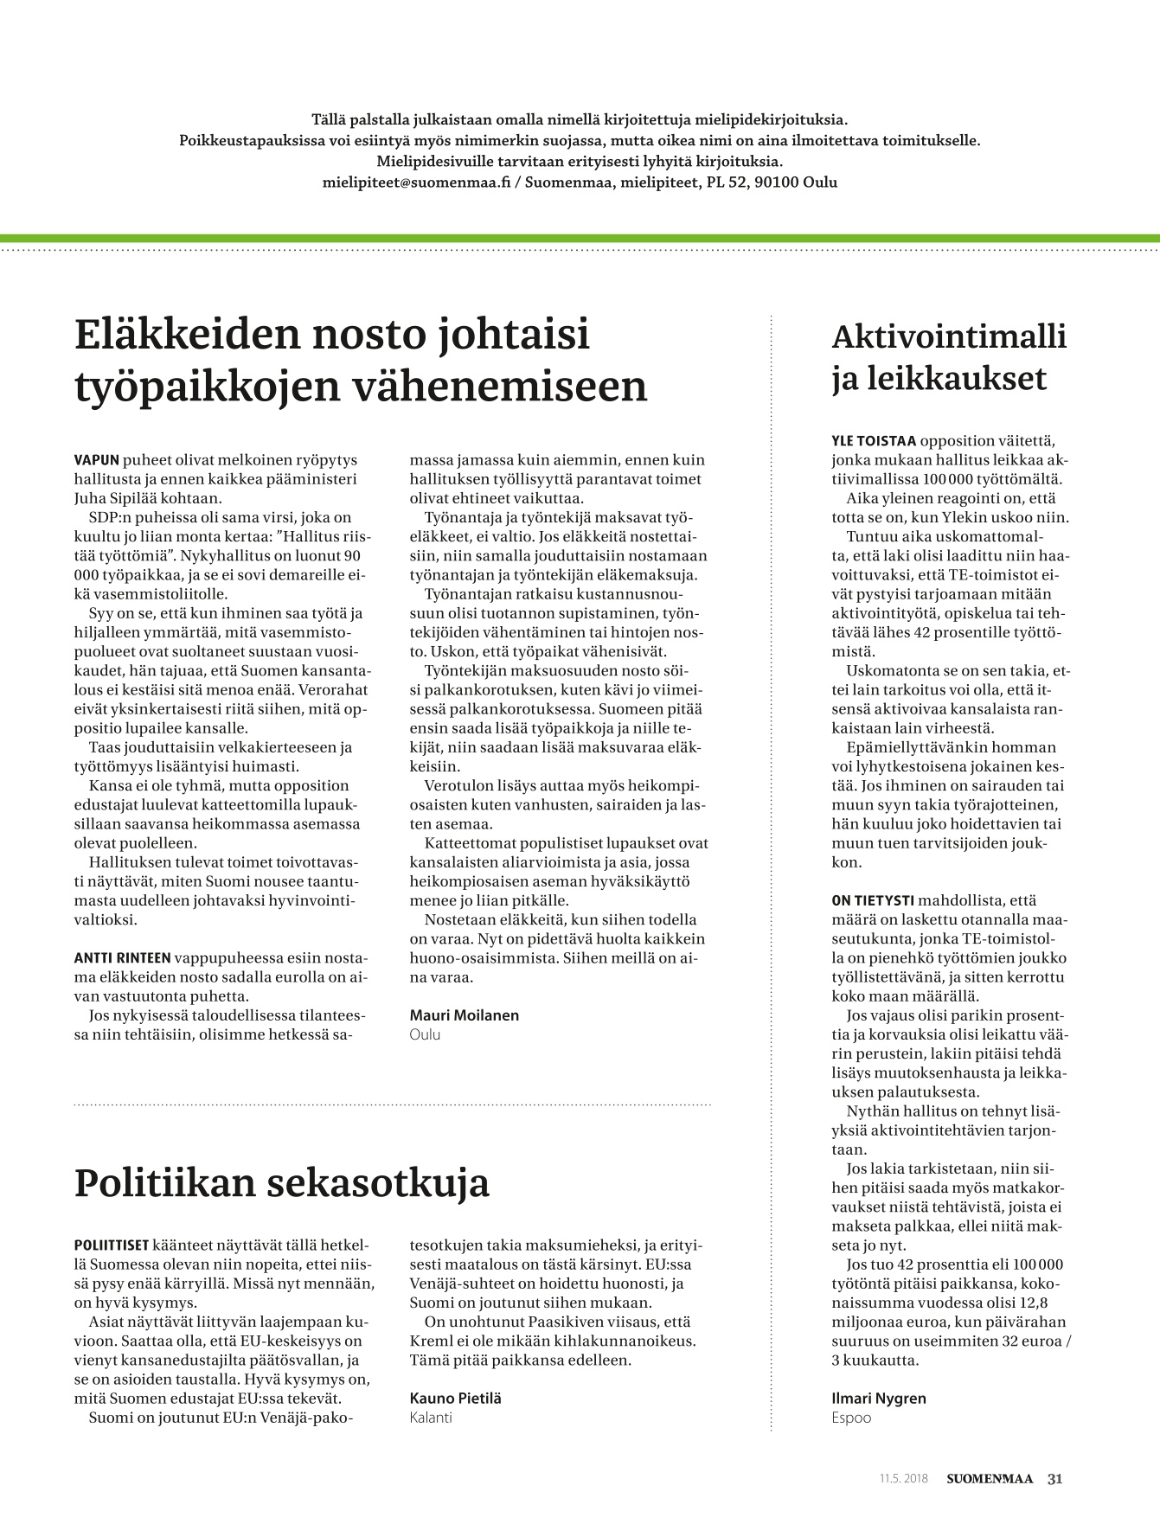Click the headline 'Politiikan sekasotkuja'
(x=282, y=1183)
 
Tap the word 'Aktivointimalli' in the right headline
(x=949, y=336)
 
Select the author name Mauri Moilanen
(x=464, y=1015)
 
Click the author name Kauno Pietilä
(x=455, y=1398)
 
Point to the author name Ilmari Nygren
(x=878, y=1398)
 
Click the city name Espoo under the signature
(x=851, y=1418)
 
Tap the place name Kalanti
(x=431, y=1418)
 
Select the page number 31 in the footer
(x=1054, y=1478)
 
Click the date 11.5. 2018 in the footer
(x=903, y=1479)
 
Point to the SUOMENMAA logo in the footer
(x=989, y=1479)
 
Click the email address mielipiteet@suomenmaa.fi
(x=417, y=182)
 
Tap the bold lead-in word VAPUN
(x=97, y=460)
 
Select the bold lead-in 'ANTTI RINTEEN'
(x=122, y=957)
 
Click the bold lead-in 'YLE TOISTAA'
(x=874, y=441)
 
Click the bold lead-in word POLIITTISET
(x=112, y=1245)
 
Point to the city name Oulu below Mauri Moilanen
(x=425, y=1034)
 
